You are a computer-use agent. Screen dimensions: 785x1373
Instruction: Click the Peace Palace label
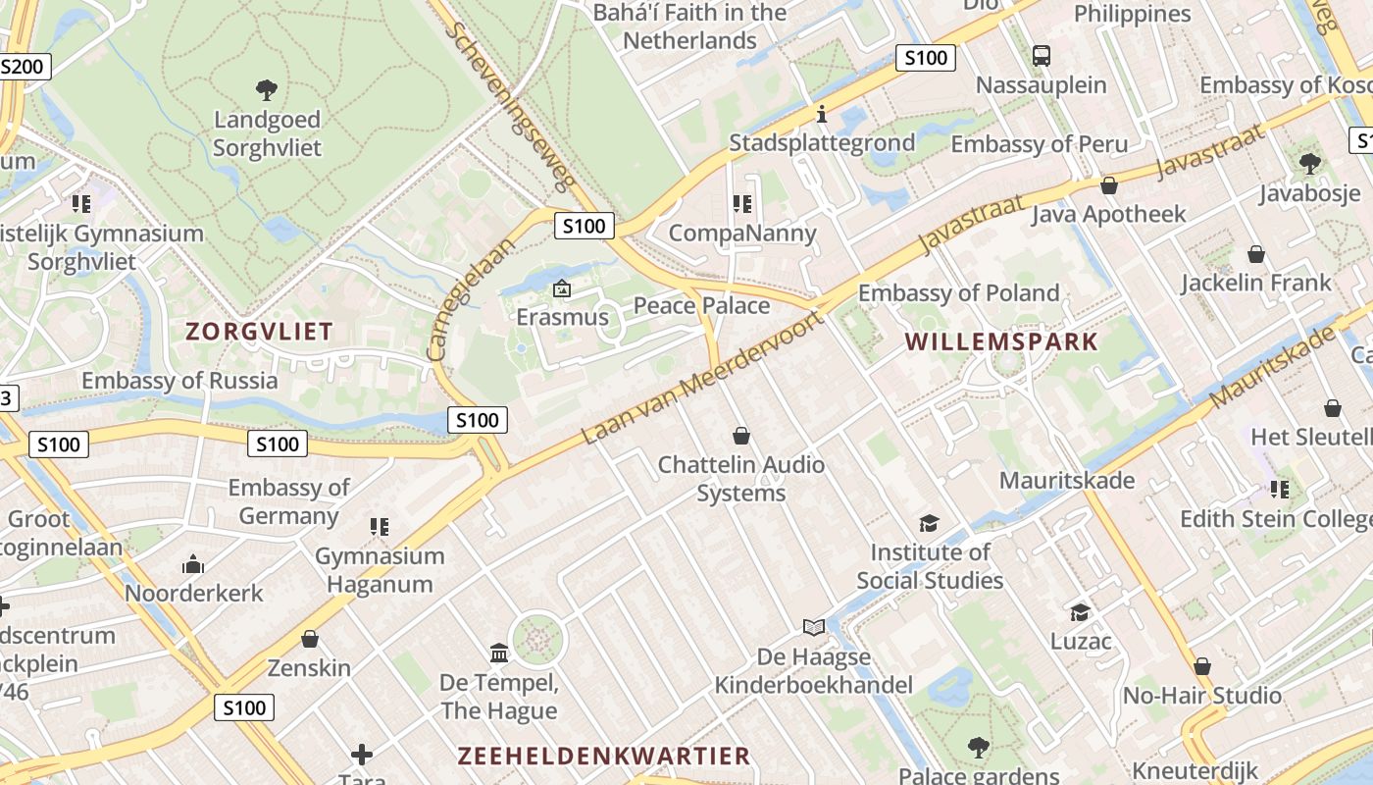[x=701, y=305]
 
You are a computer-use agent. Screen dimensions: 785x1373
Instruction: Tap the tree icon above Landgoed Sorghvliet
[x=266, y=91]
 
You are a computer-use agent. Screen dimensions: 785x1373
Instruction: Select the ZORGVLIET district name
[x=260, y=331]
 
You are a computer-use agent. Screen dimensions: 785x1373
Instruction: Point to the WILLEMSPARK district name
[x=1001, y=341]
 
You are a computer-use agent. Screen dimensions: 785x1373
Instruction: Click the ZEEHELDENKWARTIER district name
[x=604, y=756]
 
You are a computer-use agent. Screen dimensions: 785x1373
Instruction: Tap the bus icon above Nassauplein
[x=1042, y=56]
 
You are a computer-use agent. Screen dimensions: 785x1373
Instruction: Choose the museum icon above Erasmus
[x=562, y=288]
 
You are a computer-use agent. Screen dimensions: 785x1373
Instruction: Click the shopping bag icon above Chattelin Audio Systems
[x=741, y=436]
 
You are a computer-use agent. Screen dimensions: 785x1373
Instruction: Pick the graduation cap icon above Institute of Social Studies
[x=929, y=524]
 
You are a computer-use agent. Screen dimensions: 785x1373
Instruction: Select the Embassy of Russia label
[x=179, y=381]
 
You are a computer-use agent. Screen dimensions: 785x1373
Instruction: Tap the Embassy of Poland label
[x=958, y=292]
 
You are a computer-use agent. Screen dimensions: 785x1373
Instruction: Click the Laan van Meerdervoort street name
[x=700, y=379]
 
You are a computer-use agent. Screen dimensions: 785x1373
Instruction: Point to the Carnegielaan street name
[x=471, y=297]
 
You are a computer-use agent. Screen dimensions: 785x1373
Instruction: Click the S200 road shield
[x=22, y=67]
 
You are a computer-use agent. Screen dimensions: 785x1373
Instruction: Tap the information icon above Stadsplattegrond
[x=822, y=115]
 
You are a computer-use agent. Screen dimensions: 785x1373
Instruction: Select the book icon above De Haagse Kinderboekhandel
[x=813, y=627]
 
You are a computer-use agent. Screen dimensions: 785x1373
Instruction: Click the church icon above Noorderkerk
[x=193, y=565]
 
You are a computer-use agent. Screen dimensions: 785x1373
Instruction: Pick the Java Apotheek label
[x=1108, y=214]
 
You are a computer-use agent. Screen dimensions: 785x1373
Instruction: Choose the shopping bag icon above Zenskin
[x=310, y=640]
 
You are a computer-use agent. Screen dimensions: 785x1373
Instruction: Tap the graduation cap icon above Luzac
[x=1080, y=613]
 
